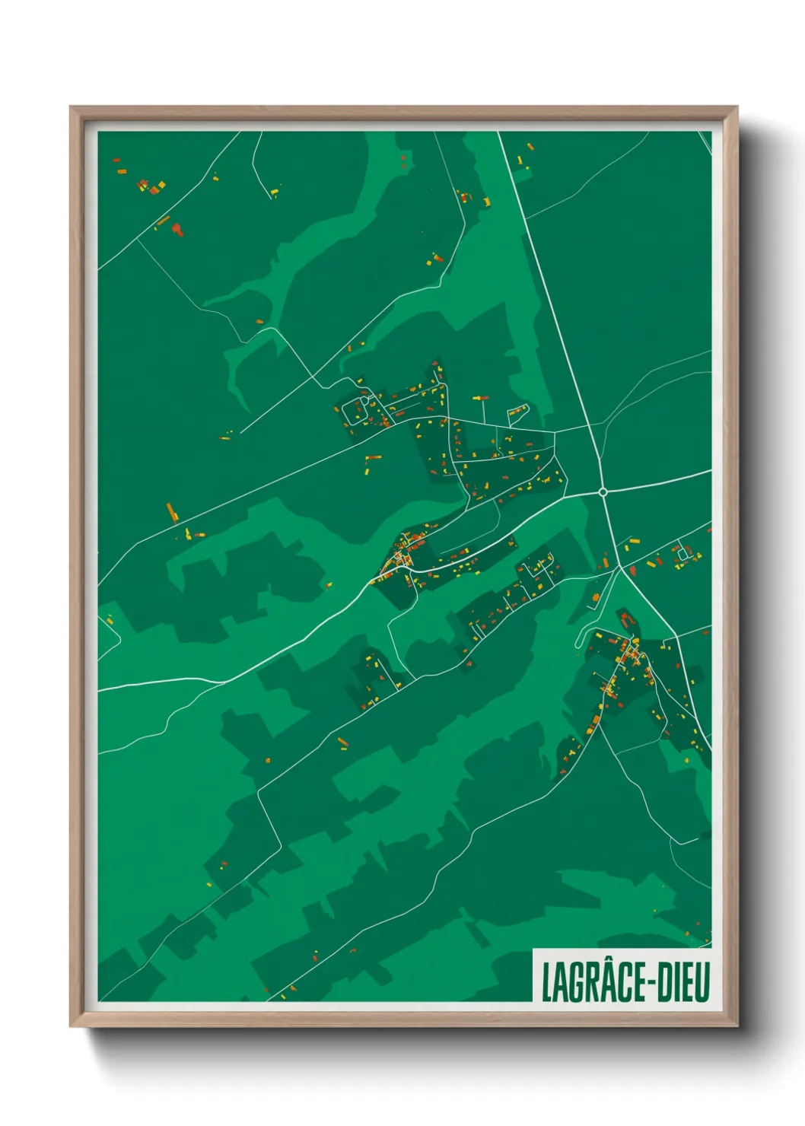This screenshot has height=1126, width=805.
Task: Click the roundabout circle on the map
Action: click(x=603, y=492)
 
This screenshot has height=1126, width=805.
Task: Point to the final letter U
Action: click(x=702, y=982)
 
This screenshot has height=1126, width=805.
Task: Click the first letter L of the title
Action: click(x=546, y=982)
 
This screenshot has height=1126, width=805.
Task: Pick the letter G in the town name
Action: click(x=572, y=982)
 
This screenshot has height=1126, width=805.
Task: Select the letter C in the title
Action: click(x=616, y=982)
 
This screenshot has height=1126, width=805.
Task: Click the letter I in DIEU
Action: click(x=676, y=982)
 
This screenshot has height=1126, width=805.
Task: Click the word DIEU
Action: click(x=682, y=982)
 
